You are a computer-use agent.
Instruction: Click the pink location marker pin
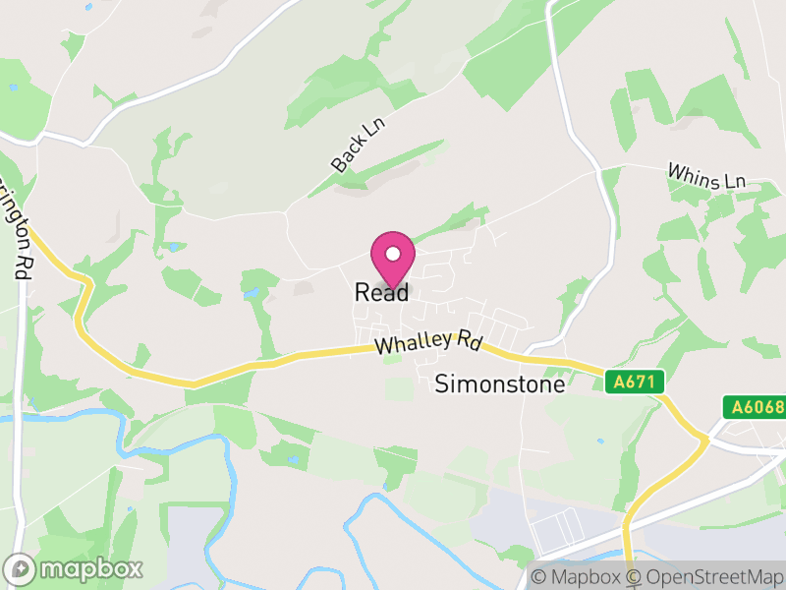point(393,258)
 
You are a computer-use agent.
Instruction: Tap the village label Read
point(381,293)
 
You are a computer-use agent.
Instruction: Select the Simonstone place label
point(500,384)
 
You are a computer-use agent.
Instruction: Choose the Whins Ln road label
point(707,176)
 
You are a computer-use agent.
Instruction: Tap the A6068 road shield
point(754,406)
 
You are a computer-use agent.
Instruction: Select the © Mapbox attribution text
point(577,577)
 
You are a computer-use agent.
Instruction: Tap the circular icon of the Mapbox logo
point(21,568)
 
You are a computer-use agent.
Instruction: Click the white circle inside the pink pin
point(393,250)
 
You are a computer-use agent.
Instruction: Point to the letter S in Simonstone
point(441,384)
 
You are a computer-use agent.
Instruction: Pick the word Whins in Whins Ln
point(692,173)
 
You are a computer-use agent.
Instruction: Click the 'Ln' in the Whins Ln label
point(735,182)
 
